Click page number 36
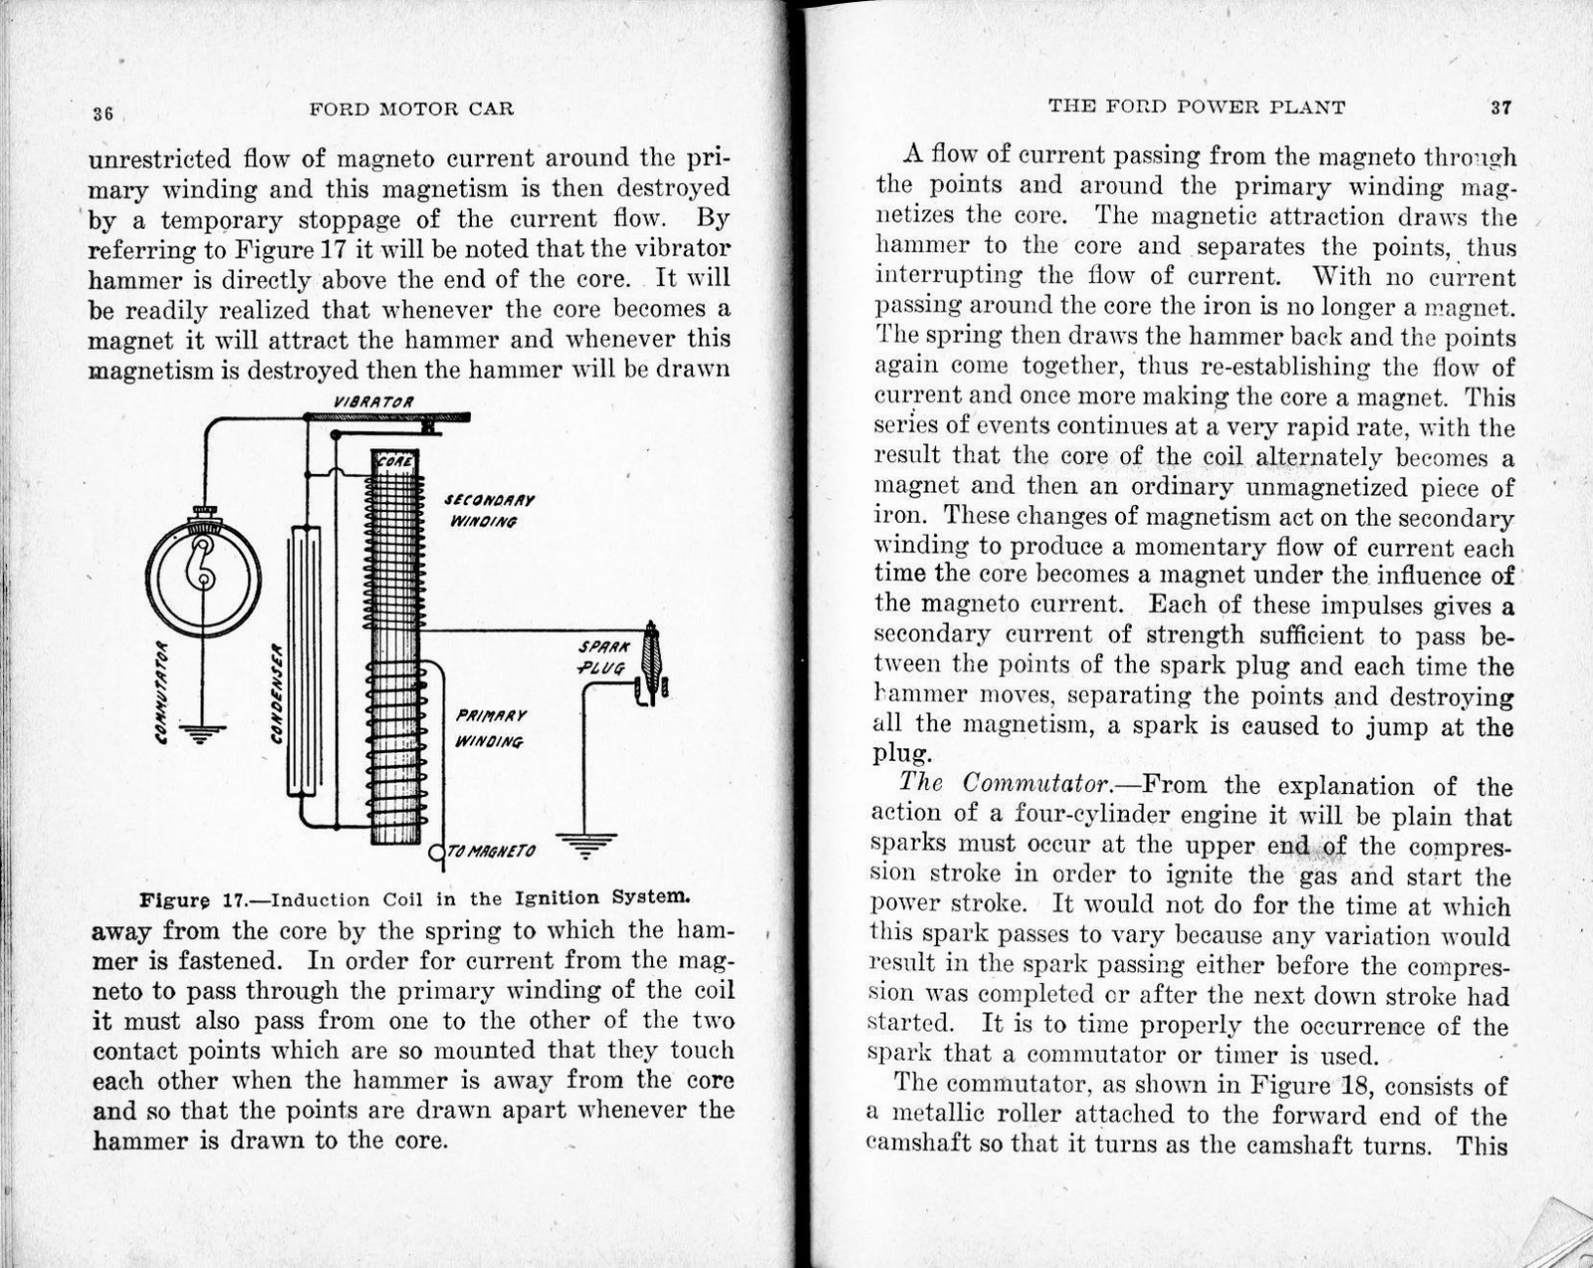pos(103,113)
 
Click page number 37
pos(1500,108)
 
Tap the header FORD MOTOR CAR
pos(411,110)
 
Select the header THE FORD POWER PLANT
pos(1197,107)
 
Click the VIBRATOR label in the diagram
pos(374,400)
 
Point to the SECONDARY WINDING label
pos(490,510)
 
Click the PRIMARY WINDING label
pos(490,728)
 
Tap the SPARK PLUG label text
pos(602,656)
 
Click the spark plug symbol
pos(652,662)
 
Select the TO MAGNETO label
pos(491,852)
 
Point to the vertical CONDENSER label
pos(279,689)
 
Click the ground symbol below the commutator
pos(202,735)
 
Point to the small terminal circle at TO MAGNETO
pos(436,852)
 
